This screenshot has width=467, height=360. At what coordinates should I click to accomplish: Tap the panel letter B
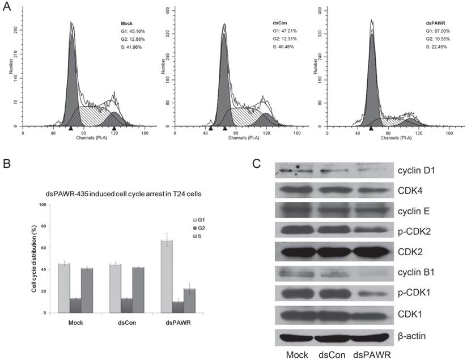coord(7,164)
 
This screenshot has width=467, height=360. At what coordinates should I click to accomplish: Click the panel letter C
coord(257,164)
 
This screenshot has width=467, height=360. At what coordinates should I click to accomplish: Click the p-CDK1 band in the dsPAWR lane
coord(372,295)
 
